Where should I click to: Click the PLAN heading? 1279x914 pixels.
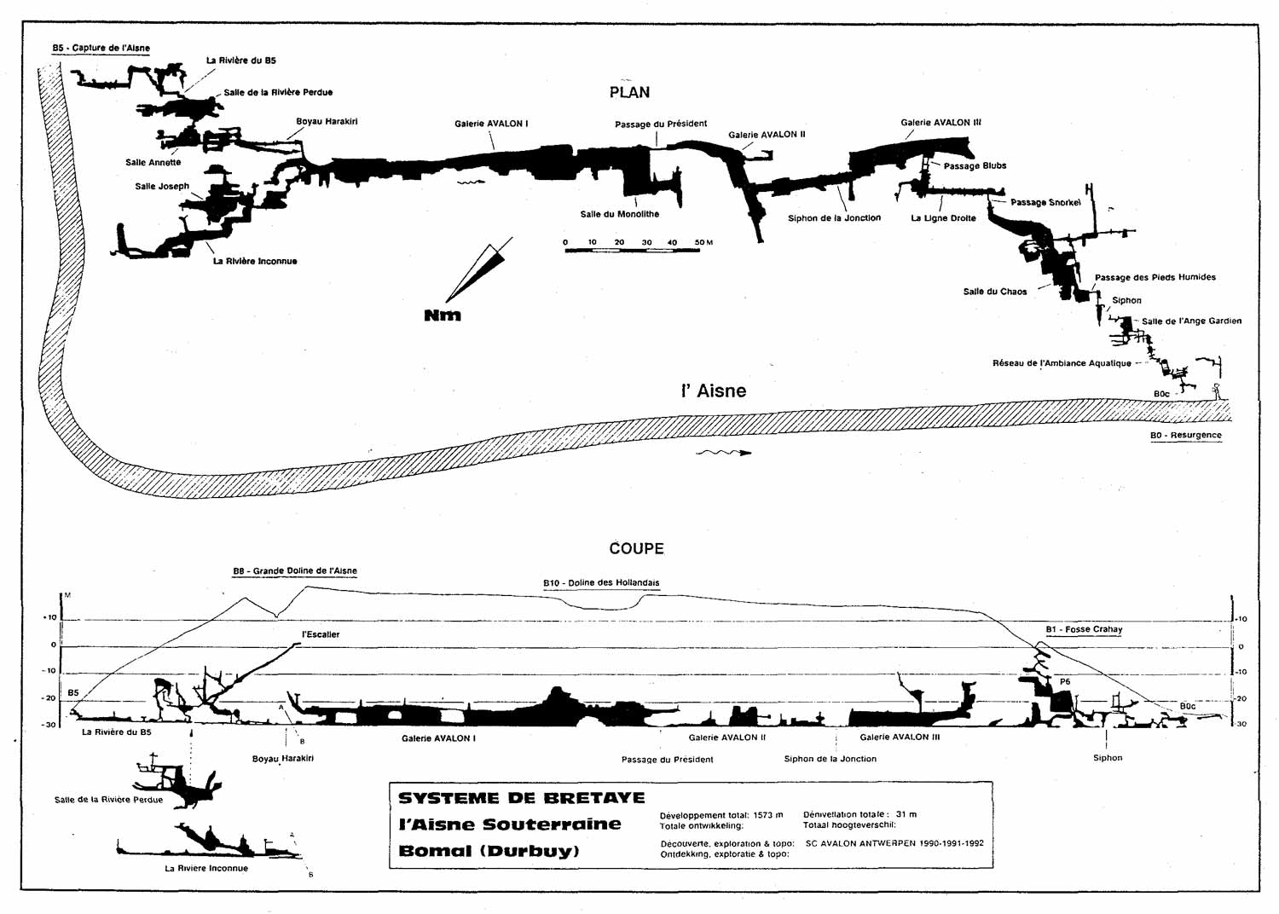629,92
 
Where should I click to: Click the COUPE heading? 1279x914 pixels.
636,548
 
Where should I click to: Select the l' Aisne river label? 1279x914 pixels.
713,391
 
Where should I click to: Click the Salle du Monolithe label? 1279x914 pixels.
619,214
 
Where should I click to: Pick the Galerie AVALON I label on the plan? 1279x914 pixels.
491,124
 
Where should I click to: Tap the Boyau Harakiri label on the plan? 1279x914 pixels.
327,121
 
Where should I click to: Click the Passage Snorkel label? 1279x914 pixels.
1045,203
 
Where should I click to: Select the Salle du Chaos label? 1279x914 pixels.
995,292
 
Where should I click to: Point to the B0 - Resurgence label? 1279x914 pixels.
1185,436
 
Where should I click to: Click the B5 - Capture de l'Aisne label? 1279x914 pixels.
101,48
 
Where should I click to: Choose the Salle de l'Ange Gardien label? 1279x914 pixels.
1191,321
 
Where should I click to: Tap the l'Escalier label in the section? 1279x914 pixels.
321,634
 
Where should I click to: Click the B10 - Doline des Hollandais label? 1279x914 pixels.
601,583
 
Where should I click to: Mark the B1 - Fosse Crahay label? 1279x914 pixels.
1084,629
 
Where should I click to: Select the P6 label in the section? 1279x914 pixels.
1064,682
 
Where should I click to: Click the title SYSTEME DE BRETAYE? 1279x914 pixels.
521,798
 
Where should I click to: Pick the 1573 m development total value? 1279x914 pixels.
768,815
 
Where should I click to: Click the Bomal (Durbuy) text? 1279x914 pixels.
489,851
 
